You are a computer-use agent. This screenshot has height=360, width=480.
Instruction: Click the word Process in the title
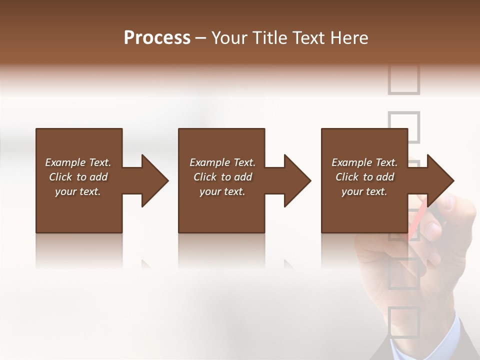click(x=157, y=38)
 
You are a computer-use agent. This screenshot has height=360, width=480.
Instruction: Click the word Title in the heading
click(x=269, y=38)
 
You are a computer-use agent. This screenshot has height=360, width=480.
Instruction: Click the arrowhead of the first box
click(x=155, y=180)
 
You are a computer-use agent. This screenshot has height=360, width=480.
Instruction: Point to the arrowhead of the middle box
click(x=297, y=180)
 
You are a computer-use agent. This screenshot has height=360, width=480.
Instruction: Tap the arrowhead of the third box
click(x=440, y=180)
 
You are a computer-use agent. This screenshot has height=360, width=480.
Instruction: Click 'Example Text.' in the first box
click(x=78, y=162)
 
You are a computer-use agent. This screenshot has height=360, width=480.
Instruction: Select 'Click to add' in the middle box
click(x=222, y=177)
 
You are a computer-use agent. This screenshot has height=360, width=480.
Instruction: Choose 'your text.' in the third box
click(x=364, y=191)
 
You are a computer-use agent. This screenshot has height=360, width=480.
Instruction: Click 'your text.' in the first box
click(x=78, y=191)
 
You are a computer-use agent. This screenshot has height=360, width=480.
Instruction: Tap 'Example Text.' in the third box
click(x=364, y=162)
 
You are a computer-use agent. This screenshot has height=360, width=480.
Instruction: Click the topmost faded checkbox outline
click(x=403, y=80)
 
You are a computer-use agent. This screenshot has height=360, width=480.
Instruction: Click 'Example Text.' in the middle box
click(x=222, y=162)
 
